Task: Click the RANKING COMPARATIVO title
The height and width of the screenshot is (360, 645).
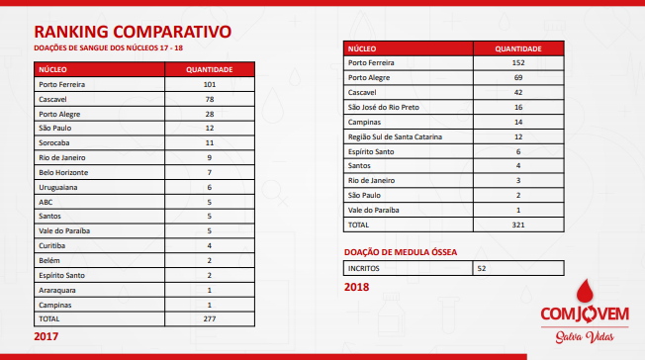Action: (x=133, y=31)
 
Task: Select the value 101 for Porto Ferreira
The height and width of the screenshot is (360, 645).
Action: (x=210, y=85)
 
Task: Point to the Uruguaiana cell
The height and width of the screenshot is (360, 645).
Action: (x=59, y=186)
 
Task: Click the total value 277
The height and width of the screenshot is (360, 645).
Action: (x=210, y=319)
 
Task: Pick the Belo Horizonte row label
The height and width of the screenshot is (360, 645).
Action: (x=64, y=171)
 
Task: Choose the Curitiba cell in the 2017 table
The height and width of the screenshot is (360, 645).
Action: (x=53, y=245)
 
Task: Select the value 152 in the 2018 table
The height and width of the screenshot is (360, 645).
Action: (x=517, y=62)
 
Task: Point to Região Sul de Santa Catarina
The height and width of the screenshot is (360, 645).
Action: (x=396, y=135)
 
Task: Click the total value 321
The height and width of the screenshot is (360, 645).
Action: (x=517, y=225)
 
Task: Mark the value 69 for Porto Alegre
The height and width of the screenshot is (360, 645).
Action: (x=517, y=77)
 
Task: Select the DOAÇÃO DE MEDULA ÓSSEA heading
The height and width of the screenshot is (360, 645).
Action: (x=400, y=252)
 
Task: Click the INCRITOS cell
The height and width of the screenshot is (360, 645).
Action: (x=364, y=268)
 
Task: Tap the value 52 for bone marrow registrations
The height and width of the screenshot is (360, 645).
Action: (x=483, y=268)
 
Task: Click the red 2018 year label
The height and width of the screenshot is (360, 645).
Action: (x=356, y=288)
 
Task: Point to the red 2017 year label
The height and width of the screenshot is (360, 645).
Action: (x=46, y=337)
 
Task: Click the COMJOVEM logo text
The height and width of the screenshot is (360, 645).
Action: (x=584, y=315)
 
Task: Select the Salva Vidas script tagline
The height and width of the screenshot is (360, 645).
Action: (x=583, y=339)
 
